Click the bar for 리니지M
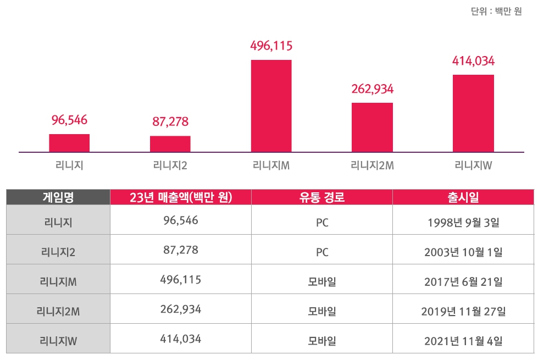271,106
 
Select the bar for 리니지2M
372,127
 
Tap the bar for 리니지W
473,113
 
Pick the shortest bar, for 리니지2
170,144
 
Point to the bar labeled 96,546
69,143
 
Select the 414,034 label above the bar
473,61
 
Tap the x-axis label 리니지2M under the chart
372,164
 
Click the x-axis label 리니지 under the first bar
69,164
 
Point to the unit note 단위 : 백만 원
496,12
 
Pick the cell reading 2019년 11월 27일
463,312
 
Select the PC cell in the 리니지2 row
322,252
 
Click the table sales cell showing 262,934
181,309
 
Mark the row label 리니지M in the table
58,282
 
